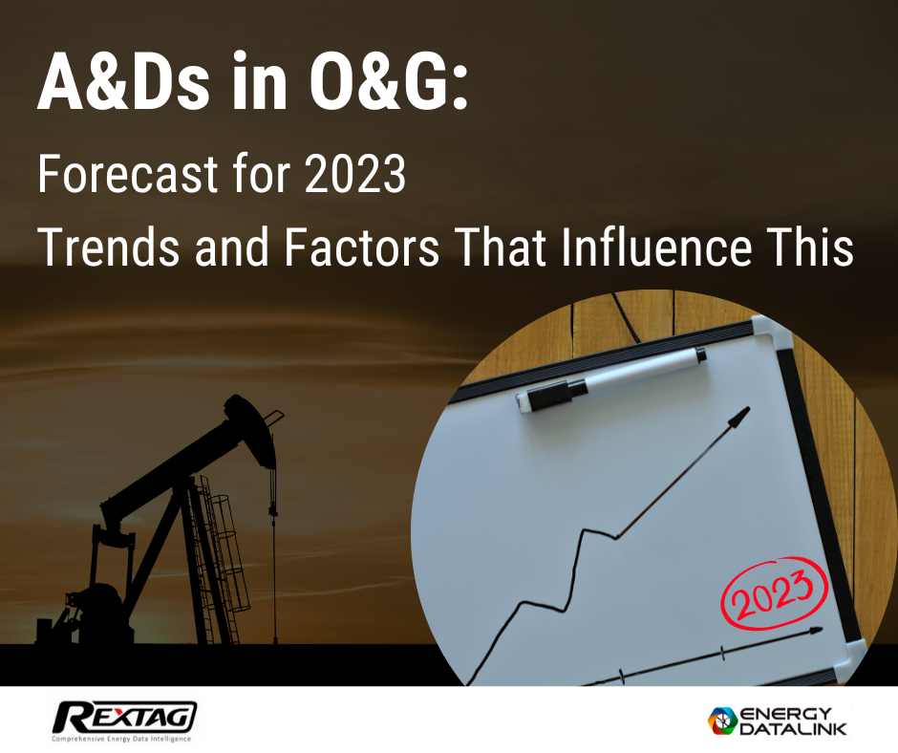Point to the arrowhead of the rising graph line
click(x=739, y=417)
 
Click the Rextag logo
click(x=124, y=716)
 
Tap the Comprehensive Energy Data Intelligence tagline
click(x=121, y=739)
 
